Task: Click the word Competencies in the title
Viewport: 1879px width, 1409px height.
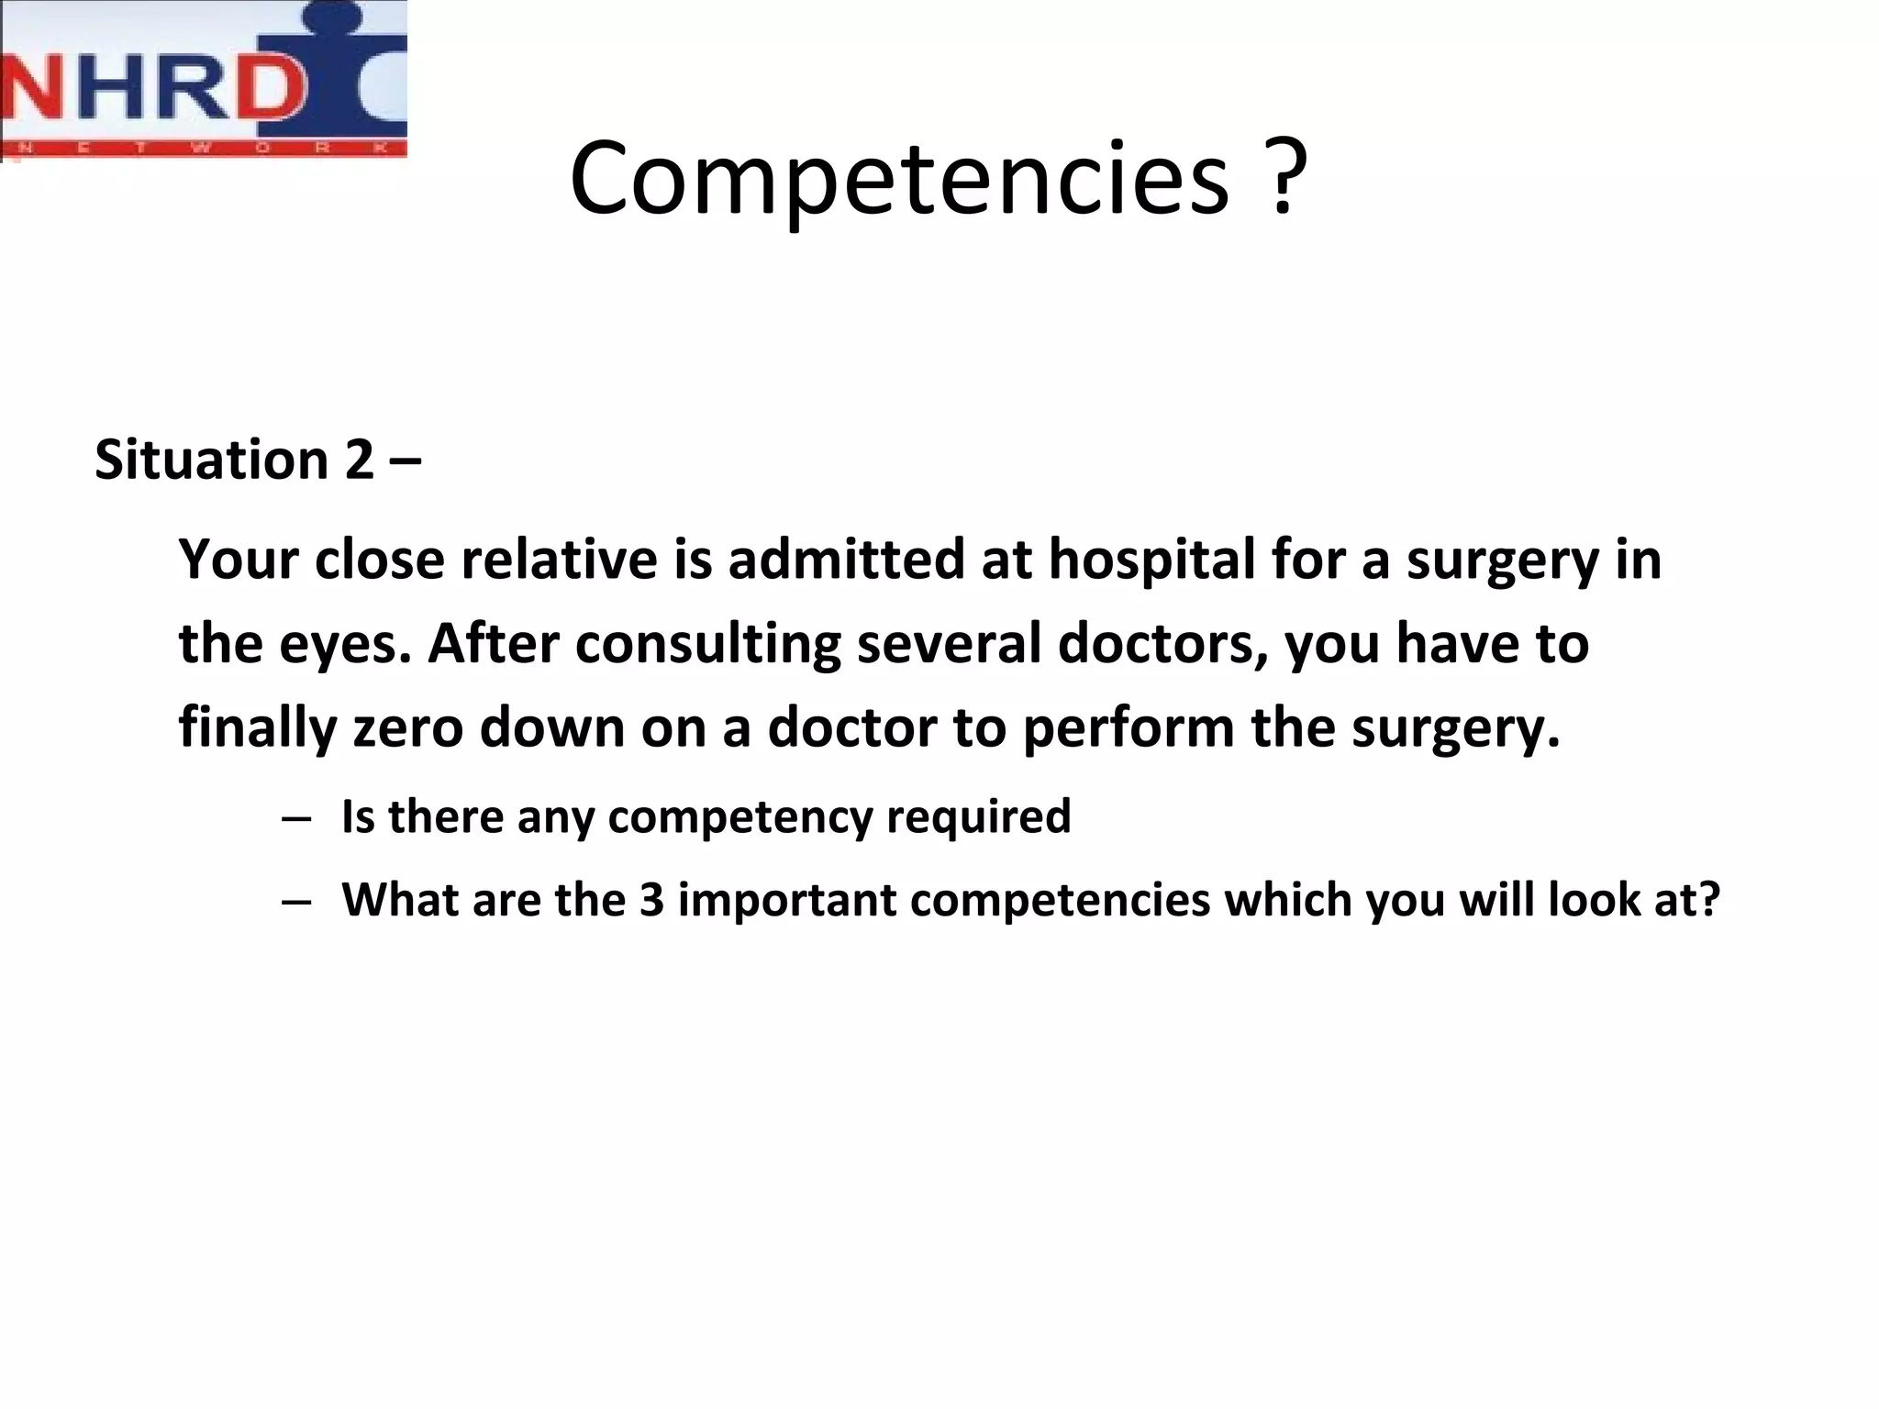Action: [x=898, y=179]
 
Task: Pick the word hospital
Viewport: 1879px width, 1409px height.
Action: [x=1151, y=559]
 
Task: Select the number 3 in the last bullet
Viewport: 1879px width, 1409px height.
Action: [x=651, y=899]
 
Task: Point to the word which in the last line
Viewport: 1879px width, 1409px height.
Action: [x=1288, y=899]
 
